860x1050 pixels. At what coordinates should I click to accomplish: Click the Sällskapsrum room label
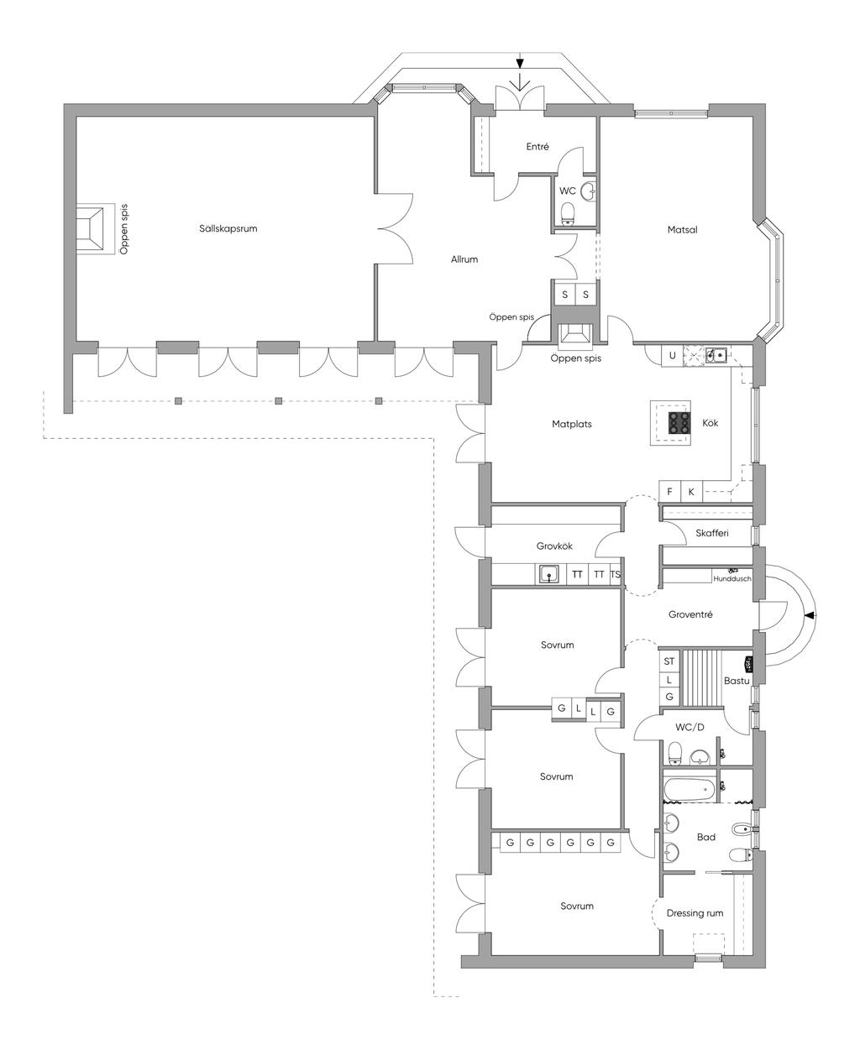coord(228,229)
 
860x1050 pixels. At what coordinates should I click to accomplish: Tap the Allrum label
coord(464,259)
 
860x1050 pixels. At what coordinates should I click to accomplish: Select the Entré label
coord(537,146)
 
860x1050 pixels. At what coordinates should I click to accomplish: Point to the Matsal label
coord(682,229)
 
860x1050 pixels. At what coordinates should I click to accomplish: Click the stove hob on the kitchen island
coord(679,423)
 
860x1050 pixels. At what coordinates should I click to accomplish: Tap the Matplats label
coord(572,424)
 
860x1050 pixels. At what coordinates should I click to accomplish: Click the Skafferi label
coord(712,533)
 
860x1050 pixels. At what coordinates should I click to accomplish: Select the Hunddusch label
coord(732,579)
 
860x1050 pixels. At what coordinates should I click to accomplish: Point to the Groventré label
coord(690,615)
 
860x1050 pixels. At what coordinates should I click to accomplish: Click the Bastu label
coord(737,681)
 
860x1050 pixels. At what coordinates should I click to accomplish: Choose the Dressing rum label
coord(695,913)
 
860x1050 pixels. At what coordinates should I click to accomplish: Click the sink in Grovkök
coord(549,575)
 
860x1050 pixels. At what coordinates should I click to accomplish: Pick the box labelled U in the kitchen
coord(672,356)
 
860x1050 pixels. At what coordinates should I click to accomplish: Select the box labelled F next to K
coord(669,491)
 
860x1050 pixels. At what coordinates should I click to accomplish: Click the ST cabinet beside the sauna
coord(669,661)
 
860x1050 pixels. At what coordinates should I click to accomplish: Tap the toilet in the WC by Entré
coord(568,213)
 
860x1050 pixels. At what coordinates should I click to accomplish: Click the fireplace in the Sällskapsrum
coord(90,229)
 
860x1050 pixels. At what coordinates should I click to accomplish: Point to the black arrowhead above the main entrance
coord(520,63)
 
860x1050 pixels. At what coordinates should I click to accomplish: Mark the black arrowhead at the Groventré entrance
coord(810,616)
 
